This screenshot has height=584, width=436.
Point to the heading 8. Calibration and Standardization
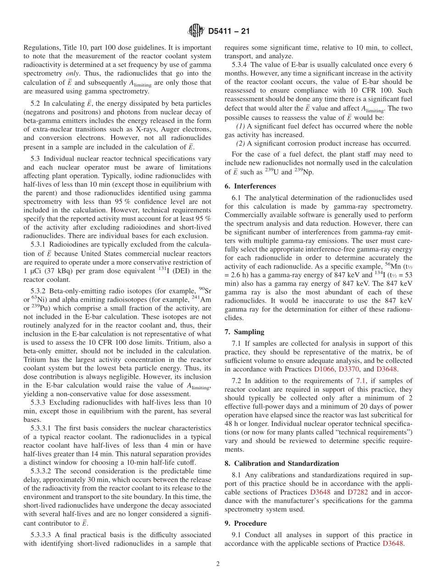(x=281, y=464)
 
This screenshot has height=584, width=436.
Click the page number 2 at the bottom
(x=218, y=564)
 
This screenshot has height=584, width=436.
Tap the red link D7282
(x=357, y=492)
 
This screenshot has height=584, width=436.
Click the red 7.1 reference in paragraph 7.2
(x=361, y=381)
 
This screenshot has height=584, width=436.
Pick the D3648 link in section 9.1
(x=392, y=544)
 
